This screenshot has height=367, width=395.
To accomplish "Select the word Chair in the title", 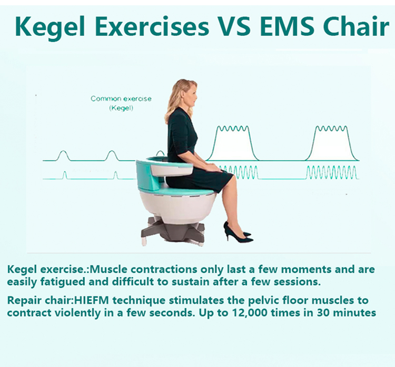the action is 355,26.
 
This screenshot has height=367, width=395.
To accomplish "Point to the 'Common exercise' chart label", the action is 121,98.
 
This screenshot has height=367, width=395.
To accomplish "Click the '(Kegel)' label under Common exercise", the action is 121,108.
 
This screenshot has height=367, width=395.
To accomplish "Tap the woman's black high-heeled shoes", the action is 238,233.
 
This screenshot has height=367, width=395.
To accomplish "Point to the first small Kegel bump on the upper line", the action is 63,155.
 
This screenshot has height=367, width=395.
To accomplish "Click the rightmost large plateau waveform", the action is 331,143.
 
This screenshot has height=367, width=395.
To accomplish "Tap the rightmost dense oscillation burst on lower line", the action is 331,172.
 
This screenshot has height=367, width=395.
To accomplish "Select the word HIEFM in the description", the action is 92,300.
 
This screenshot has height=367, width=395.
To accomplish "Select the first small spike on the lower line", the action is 65,175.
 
